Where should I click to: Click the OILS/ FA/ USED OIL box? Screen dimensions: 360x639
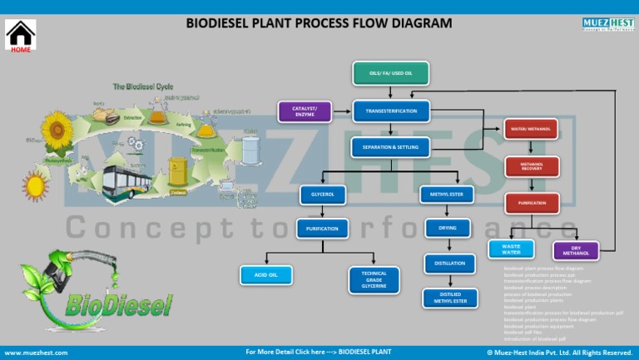(391, 74)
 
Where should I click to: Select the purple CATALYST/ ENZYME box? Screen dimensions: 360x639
(305, 111)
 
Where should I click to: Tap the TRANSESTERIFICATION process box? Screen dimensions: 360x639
(391, 111)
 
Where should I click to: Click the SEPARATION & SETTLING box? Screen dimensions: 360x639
(391, 148)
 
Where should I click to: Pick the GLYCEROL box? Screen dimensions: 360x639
(323, 195)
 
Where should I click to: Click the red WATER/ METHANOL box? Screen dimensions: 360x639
(532, 130)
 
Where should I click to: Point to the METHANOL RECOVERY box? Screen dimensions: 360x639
(532, 166)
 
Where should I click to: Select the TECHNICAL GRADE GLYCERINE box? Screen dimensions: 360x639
(374, 279)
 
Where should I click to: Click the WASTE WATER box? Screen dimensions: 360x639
(511, 249)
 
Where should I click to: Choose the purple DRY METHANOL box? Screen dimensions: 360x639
(576, 250)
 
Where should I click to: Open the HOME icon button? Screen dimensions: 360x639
(21, 37)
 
